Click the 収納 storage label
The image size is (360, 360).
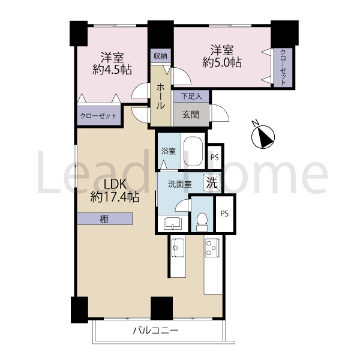point(160,56)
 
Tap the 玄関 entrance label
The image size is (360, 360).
point(191,115)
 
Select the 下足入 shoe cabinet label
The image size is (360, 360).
point(191,96)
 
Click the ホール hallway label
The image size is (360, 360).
point(160,97)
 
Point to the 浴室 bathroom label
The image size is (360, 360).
point(169,151)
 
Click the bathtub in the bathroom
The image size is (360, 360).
point(193,152)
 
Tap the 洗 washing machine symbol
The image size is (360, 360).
point(211,183)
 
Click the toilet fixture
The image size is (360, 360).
point(202,221)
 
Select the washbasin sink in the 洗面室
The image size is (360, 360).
point(173,223)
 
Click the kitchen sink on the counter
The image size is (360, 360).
point(178,248)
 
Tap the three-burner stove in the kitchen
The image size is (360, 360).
point(212,247)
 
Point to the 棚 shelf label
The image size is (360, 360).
point(104,219)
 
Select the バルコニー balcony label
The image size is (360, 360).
point(156,331)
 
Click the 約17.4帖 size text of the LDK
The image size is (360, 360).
point(115,197)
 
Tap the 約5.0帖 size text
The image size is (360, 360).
point(222,62)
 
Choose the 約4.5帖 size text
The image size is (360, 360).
point(112,70)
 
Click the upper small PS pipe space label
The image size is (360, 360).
point(215,157)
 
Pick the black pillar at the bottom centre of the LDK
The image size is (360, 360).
point(161,308)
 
